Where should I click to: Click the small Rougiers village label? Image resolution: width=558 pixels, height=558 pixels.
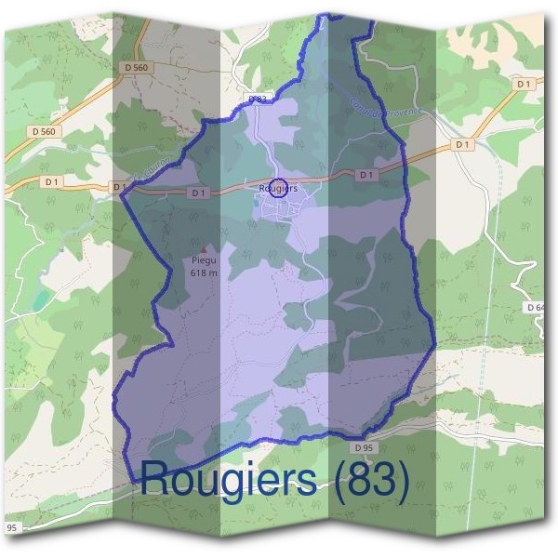278,188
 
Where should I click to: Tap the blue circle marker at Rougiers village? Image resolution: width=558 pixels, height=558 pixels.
278,187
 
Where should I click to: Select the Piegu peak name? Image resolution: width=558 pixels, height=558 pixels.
202,262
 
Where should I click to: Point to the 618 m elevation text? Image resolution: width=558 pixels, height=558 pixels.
203,273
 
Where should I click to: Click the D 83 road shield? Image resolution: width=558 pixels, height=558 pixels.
258,99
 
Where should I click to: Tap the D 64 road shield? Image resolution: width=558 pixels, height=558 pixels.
535,307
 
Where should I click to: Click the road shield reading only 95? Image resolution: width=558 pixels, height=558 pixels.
13,528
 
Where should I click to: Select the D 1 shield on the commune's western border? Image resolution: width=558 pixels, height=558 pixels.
119,187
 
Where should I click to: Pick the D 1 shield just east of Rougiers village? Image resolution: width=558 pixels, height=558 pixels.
366,175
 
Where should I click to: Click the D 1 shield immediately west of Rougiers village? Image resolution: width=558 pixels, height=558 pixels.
197,193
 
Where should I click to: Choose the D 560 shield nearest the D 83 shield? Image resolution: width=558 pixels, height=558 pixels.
136,68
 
